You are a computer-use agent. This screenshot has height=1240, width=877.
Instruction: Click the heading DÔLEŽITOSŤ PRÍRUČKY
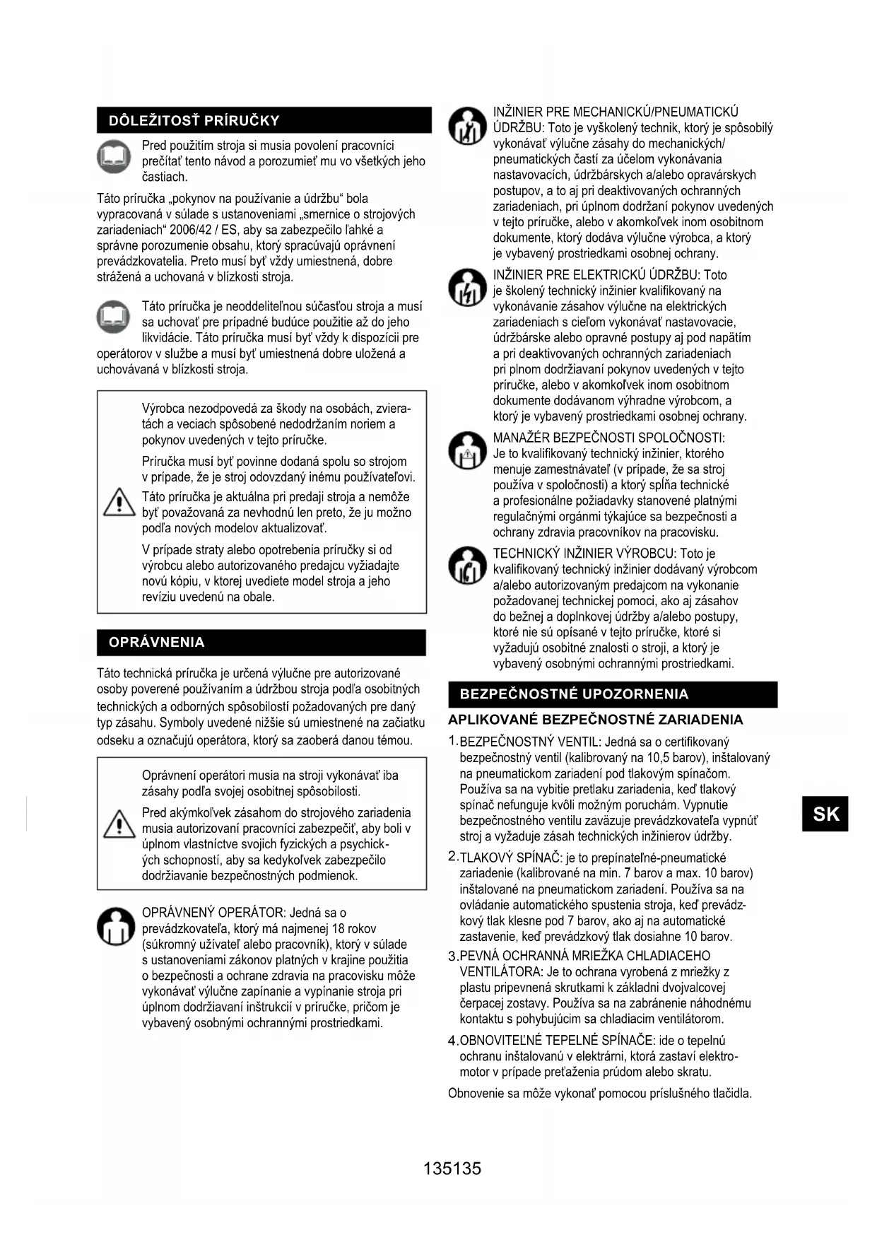click(x=194, y=120)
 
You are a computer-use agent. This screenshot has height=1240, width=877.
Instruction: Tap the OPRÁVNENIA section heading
click(x=156, y=642)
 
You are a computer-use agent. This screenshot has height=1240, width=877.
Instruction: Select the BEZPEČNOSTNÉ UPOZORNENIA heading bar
click(x=574, y=694)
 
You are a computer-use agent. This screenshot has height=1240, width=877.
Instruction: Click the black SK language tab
click(x=825, y=814)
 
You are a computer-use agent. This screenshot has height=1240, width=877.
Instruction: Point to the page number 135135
click(x=452, y=1168)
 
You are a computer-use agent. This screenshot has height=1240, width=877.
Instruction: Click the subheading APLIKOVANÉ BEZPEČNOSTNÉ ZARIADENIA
click(x=595, y=720)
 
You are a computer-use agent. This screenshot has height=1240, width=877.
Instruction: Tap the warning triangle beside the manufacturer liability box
click(x=119, y=502)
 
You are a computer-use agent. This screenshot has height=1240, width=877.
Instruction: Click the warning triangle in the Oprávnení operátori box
click(x=119, y=823)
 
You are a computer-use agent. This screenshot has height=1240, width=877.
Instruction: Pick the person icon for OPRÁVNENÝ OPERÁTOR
click(x=115, y=927)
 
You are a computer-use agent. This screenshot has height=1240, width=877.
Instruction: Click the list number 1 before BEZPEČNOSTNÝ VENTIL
click(x=453, y=741)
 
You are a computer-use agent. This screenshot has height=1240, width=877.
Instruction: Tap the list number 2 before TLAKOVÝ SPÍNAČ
click(x=453, y=857)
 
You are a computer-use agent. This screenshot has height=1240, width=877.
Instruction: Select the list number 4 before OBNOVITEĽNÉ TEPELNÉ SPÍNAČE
click(x=453, y=1041)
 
